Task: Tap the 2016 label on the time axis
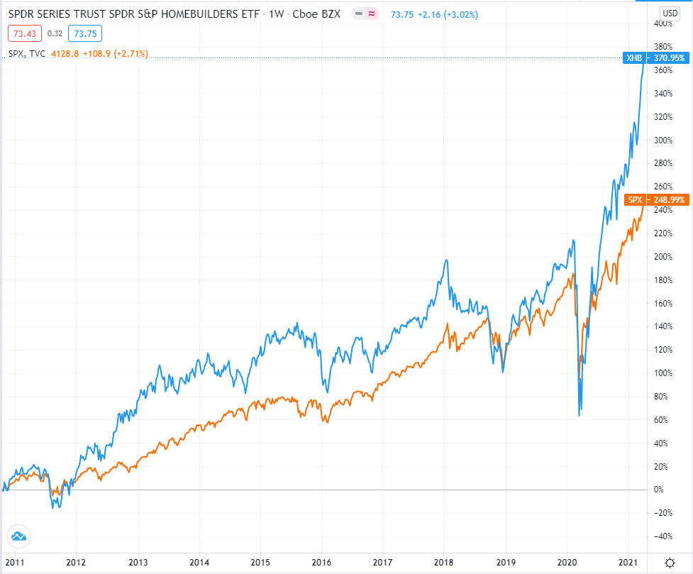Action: tap(321, 563)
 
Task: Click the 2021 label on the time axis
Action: tap(628, 563)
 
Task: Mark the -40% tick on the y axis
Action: tap(662, 536)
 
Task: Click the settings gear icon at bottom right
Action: tap(669, 563)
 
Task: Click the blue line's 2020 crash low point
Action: tap(580, 415)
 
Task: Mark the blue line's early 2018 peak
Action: tap(446, 260)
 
